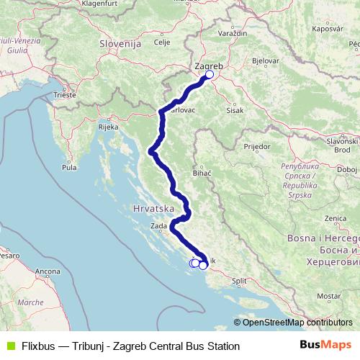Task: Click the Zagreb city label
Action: (209, 66)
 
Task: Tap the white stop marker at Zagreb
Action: (210, 74)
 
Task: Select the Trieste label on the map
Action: (64, 94)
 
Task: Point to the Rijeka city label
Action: (108, 127)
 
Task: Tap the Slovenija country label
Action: (119, 44)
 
